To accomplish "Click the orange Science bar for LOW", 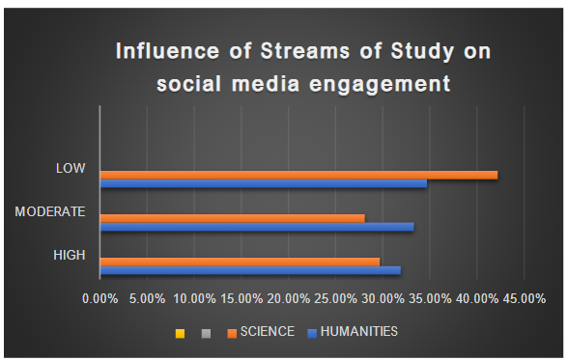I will pyautogui.click(x=298, y=175).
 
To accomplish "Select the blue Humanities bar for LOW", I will pyautogui.click(x=263, y=183).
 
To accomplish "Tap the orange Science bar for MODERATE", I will pyautogui.click(x=232, y=218).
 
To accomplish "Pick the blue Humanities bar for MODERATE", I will pyautogui.click(x=257, y=227).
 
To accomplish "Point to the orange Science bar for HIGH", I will pyautogui.click(x=240, y=262).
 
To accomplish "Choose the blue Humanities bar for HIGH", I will pyautogui.click(x=250, y=270).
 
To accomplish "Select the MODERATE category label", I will pyautogui.click(x=51, y=211).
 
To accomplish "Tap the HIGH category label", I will pyautogui.click(x=70, y=255).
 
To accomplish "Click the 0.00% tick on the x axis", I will pyautogui.click(x=100, y=299).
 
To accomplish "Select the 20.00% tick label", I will pyautogui.click(x=289, y=299).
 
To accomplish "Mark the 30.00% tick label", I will pyautogui.click(x=383, y=299).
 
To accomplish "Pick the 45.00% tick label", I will pyautogui.click(x=523, y=299).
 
